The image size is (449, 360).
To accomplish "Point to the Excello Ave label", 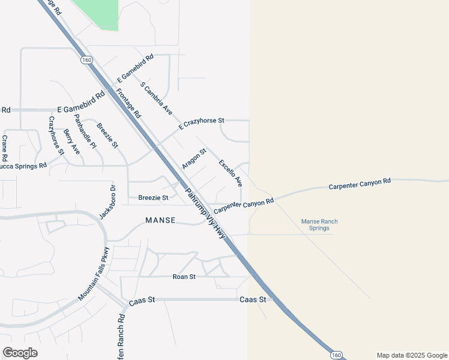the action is (x=231, y=172).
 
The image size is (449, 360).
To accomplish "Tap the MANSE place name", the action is (x=160, y=221).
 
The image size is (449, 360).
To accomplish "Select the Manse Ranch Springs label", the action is (x=319, y=225).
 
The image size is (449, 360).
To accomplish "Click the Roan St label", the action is (x=184, y=277).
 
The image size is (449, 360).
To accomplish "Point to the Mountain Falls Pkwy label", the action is (x=94, y=274).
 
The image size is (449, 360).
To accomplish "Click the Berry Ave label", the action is (x=71, y=142).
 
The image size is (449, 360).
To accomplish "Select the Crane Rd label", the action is (x=4, y=148).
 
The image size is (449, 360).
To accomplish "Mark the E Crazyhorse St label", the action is (x=201, y=124).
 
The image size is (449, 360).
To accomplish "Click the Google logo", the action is (x=20, y=353).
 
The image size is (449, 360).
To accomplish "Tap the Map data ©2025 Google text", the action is (x=411, y=355).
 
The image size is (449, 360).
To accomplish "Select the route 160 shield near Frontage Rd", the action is (x=86, y=59).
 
